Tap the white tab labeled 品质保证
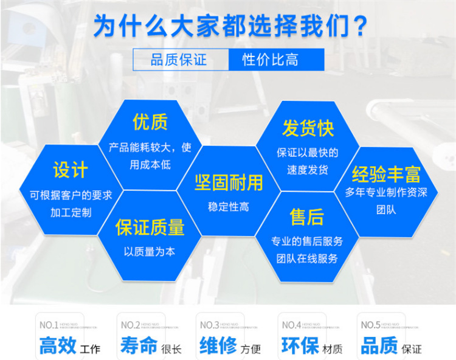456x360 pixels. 179,60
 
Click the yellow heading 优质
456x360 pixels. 150,122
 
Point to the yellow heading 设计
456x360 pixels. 71,170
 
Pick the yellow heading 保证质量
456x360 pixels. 150,227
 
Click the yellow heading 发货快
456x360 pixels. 308,128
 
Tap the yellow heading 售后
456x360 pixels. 307,216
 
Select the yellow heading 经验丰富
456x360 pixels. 387,175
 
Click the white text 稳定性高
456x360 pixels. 229,207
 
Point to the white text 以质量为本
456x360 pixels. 150,251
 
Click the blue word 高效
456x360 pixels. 58,346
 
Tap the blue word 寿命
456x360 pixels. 139,346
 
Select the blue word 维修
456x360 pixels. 218,346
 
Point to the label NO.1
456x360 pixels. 49,325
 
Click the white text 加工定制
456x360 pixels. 71,212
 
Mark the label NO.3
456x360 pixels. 210,325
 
